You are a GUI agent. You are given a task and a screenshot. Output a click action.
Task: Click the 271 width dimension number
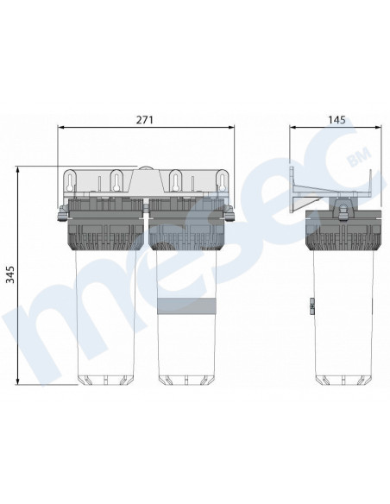tap(145, 120)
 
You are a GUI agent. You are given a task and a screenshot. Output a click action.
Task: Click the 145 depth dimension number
tap(337, 120)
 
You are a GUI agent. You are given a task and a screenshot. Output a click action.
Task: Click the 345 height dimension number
tap(10, 274)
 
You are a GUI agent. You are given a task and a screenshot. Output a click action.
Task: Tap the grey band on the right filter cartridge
tap(186, 306)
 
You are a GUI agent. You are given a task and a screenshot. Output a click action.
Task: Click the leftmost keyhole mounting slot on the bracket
tap(70, 181)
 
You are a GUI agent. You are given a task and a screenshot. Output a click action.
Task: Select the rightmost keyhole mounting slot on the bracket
tap(222, 181)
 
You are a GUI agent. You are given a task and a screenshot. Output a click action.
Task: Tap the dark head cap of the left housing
tap(105, 224)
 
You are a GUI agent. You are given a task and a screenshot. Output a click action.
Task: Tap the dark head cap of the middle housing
tap(186, 224)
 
